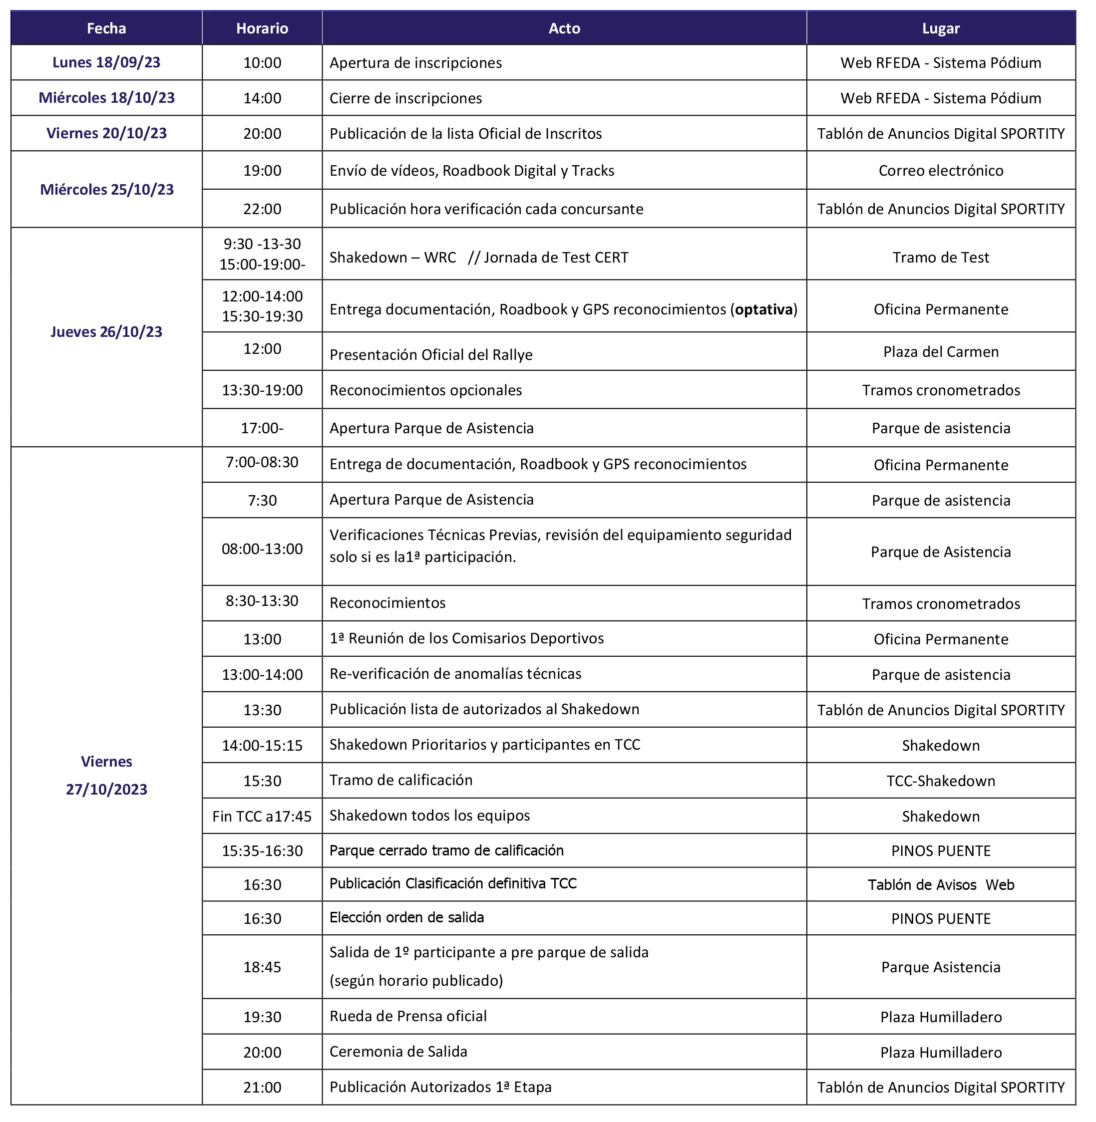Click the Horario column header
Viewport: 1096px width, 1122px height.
point(262,28)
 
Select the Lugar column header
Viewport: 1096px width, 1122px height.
point(941,28)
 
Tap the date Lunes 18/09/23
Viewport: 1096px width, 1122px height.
point(106,62)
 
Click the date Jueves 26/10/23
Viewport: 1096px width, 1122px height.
point(106,332)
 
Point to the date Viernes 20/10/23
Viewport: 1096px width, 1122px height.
point(106,133)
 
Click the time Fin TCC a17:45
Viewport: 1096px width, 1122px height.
point(262,817)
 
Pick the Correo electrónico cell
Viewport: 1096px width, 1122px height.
point(941,170)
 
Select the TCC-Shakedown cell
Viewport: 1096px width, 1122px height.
point(941,781)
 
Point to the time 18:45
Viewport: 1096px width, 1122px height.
point(262,967)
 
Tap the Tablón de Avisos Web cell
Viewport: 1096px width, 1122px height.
point(941,885)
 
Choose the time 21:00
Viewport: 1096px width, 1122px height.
point(262,1088)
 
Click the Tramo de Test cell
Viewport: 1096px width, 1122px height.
point(941,257)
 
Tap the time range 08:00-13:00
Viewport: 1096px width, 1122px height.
point(262,549)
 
